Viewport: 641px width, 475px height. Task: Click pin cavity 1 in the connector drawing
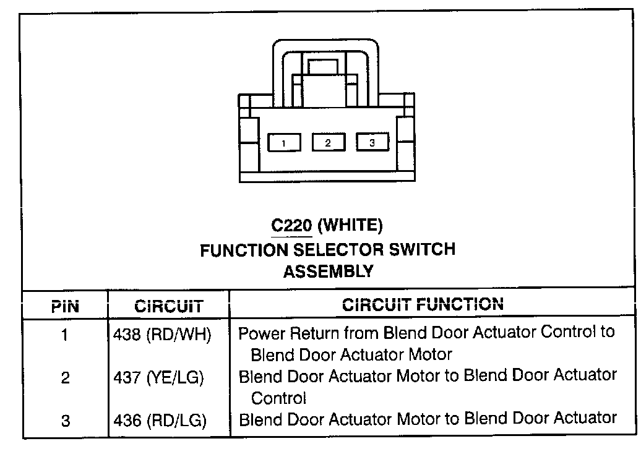(x=283, y=143)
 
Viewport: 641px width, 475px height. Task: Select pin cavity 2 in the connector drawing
(x=328, y=143)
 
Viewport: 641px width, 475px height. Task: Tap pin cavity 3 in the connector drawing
(x=372, y=143)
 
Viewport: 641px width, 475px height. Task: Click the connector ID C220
(x=291, y=226)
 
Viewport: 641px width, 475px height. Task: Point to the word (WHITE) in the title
(x=350, y=226)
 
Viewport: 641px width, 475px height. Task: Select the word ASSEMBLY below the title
(x=328, y=272)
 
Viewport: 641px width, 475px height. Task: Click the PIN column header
(x=65, y=306)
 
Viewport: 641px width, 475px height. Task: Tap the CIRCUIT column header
(x=168, y=306)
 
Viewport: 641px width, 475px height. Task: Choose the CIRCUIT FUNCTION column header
(x=423, y=304)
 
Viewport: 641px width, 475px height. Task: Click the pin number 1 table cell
(x=66, y=335)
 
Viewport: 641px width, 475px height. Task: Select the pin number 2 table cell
(x=66, y=378)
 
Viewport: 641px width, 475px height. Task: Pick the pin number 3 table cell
(x=66, y=421)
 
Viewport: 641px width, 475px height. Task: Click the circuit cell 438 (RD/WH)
(x=162, y=335)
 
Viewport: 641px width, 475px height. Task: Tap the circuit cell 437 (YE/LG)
(x=159, y=378)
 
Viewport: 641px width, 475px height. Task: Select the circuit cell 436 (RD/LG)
(x=160, y=421)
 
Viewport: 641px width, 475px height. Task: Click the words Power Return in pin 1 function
(x=277, y=333)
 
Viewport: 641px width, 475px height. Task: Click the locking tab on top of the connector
(x=322, y=67)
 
